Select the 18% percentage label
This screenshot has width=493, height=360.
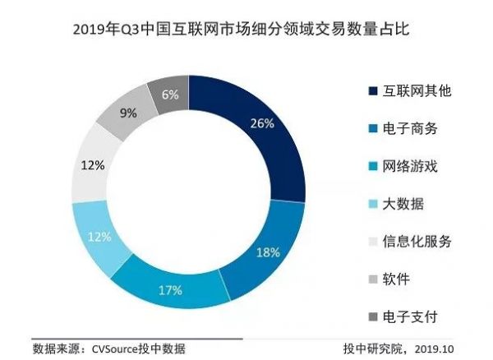pos(268,253)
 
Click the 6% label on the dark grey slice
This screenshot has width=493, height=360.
pos(170,95)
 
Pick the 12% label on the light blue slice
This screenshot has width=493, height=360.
pos(99,238)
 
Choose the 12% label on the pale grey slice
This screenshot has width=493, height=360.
pos(93,165)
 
